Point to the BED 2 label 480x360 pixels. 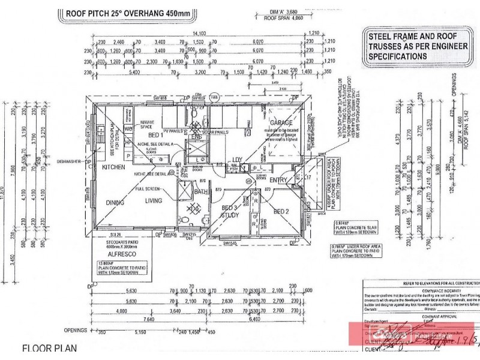282,211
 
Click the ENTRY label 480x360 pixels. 278,179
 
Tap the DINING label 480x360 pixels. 115,202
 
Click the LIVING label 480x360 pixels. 161,202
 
